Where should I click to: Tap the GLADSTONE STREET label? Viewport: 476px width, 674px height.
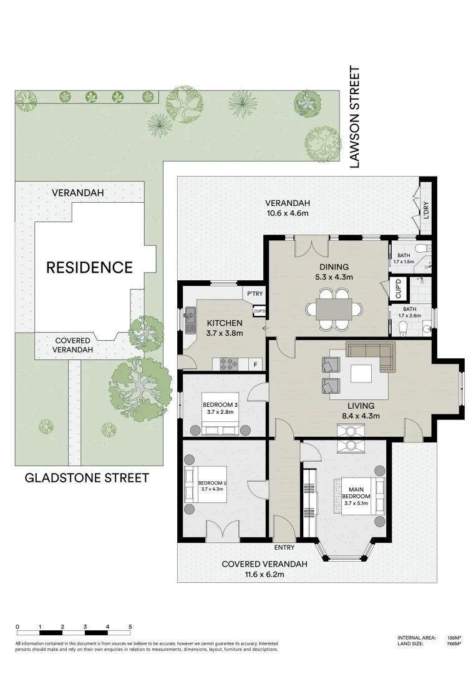click(87, 478)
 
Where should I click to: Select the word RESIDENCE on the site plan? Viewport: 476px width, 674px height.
click(90, 268)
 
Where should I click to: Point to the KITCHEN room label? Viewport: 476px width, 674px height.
click(225, 323)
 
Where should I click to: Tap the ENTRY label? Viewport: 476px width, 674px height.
click(284, 547)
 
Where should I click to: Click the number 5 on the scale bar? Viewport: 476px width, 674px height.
click(130, 626)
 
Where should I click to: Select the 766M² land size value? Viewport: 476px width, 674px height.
click(454, 643)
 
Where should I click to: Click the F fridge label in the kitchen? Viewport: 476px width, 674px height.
click(255, 363)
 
